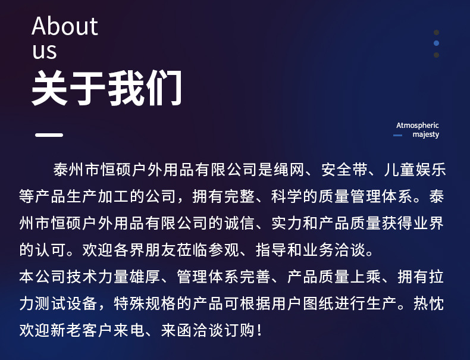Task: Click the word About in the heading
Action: [x=65, y=27]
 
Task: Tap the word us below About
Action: [x=45, y=51]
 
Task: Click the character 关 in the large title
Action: [x=50, y=89]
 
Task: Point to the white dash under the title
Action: [x=49, y=134]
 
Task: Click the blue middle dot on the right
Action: [x=436, y=43]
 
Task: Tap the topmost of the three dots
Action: [x=436, y=32]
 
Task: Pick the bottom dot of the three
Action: [x=436, y=55]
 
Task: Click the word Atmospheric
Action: [x=418, y=125]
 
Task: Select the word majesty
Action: [x=426, y=134]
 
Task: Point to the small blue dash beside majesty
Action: [x=398, y=136]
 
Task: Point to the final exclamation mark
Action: [x=260, y=329]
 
